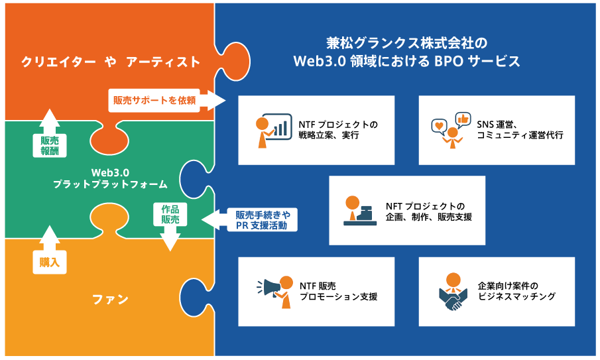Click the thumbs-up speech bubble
[x=463, y=120]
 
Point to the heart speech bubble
[x=440, y=127]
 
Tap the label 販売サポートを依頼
[x=154, y=100]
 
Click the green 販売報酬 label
[x=50, y=146]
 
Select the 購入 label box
[x=50, y=262]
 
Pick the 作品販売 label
[x=170, y=214]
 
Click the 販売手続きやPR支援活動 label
[x=263, y=220]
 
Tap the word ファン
[x=110, y=299]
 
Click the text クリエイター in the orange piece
[x=58, y=62]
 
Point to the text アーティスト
[x=163, y=62]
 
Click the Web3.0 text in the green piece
[x=110, y=172]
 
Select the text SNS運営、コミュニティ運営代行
[x=520, y=130]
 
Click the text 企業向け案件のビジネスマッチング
[x=516, y=291]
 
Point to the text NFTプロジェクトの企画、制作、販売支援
[x=428, y=211]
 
